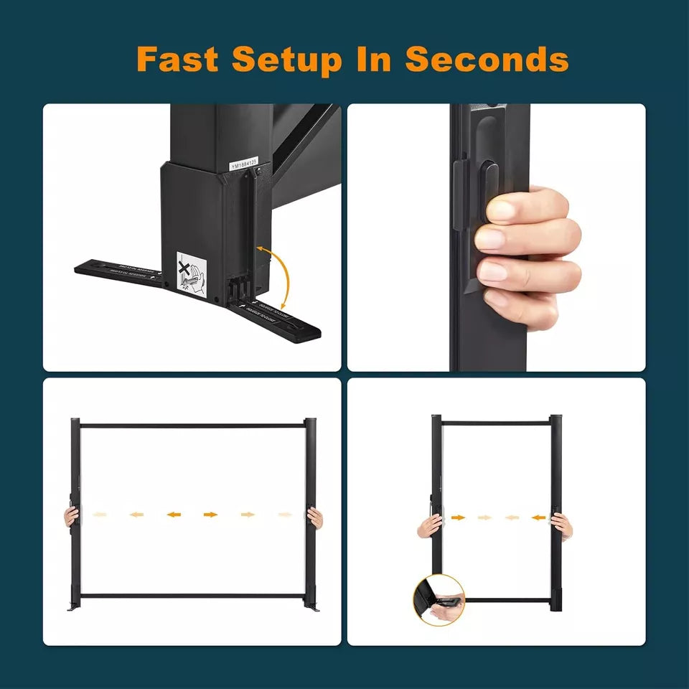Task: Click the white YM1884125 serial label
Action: (243, 164)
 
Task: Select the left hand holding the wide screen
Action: (71, 516)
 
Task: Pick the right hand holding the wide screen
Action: (315, 517)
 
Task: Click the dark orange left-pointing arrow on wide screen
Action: (172, 515)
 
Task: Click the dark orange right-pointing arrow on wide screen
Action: (210, 515)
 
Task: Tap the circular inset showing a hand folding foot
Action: (439, 599)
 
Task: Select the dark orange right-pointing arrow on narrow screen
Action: (458, 517)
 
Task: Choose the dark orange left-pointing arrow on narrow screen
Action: (537, 517)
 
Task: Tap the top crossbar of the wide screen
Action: (194, 426)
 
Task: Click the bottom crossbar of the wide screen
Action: (194, 595)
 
